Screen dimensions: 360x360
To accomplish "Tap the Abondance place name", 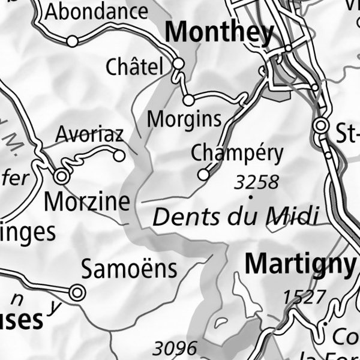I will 97,11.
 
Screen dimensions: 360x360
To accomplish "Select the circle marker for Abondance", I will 72,41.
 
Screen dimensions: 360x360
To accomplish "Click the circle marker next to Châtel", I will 178,63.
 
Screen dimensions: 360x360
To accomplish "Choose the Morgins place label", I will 184,119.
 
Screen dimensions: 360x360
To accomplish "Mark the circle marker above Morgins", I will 188,100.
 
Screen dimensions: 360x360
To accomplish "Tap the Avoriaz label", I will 89,134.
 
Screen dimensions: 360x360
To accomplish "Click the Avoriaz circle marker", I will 119,156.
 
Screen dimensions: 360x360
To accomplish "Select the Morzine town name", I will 88,202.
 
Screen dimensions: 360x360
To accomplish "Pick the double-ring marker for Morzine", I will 61,176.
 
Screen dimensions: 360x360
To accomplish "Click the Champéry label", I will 236,154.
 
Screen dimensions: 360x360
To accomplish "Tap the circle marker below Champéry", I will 203,174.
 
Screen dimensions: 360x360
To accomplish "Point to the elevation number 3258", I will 257,182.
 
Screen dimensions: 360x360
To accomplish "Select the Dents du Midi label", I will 235,216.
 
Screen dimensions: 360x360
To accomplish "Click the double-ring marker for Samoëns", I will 77,292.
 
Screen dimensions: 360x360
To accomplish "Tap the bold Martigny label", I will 301,263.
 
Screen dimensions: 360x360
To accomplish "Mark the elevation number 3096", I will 175,348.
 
